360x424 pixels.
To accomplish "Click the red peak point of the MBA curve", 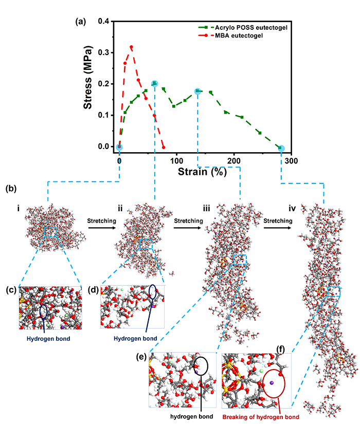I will [x=132, y=47].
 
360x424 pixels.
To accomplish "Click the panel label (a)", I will [x=80, y=22].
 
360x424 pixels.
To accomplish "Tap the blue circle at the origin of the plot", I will [x=119, y=146].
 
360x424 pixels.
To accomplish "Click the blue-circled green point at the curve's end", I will [x=281, y=148].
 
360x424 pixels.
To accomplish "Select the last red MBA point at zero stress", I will [x=164, y=147].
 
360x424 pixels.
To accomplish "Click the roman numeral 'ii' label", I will [x=120, y=208].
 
